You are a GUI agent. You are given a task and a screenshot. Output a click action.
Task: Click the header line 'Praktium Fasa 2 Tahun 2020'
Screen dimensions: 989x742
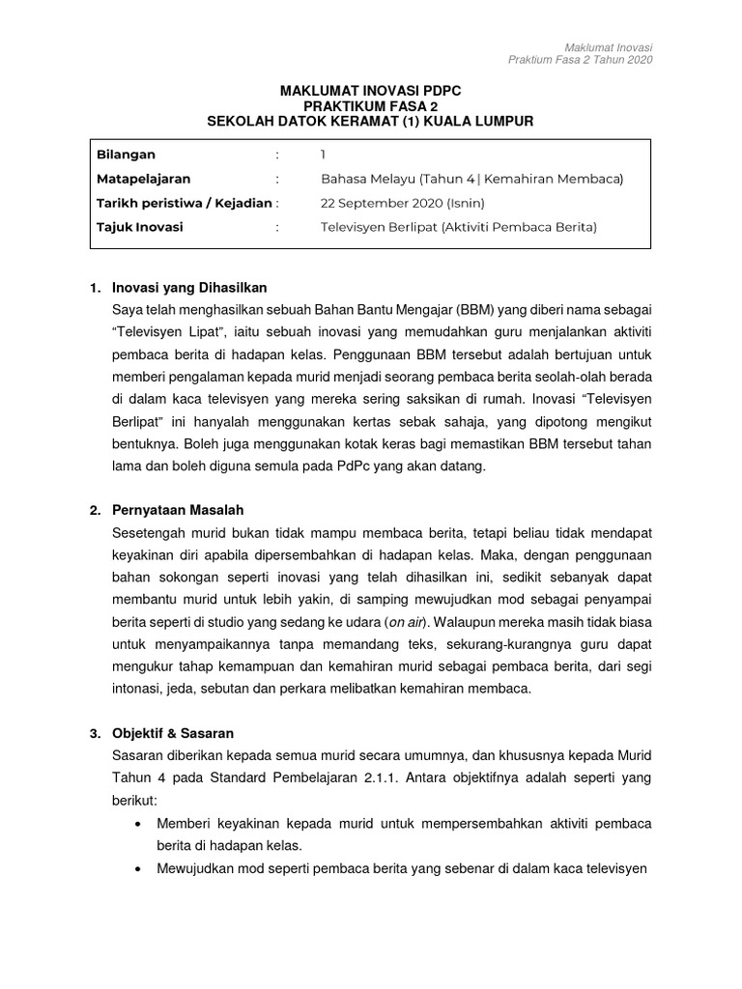tap(581, 60)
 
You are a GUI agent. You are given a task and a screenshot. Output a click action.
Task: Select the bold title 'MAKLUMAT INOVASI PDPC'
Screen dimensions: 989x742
tap(370, 90)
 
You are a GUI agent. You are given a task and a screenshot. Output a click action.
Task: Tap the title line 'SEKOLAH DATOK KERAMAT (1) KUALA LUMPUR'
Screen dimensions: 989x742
tap(370, 120)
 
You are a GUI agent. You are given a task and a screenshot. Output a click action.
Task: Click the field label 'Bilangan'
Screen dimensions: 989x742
tap(127, 155)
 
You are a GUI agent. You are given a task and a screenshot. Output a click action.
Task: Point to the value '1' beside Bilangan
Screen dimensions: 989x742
tap(324, 155)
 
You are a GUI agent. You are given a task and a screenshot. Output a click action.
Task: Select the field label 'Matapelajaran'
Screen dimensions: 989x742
tap(144, 179)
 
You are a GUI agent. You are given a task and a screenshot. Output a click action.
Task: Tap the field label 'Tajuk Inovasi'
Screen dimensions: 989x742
tap(140, 228)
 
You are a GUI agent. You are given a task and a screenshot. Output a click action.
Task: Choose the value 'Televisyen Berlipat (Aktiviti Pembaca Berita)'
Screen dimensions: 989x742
tap(459, 228)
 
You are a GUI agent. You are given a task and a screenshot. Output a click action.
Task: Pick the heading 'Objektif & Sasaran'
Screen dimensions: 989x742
tap(174, 733)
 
